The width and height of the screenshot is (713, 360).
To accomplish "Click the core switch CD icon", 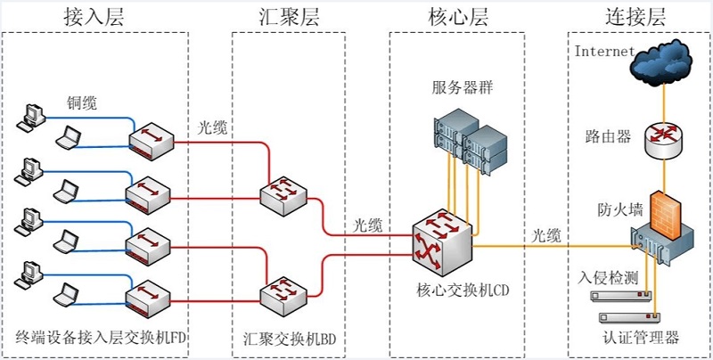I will click(441, 241).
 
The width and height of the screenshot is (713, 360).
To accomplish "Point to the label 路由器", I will click(608, 136).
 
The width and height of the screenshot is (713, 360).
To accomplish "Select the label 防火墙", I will click(616, 210).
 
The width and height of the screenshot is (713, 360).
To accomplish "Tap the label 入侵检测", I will click(608, 277).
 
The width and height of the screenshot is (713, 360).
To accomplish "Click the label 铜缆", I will click(82, 102).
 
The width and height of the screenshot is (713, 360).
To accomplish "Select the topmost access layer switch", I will click(149, 140).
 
